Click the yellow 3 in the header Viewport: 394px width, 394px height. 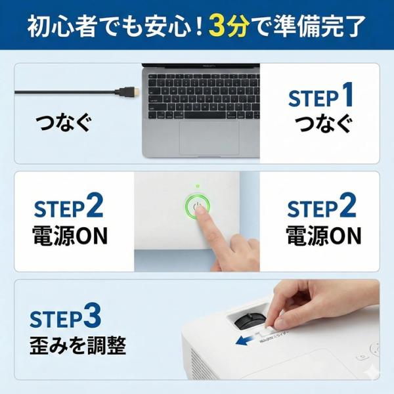(218, 28)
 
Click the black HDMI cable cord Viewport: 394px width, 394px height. (66, 92)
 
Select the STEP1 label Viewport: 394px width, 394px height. (321, 97)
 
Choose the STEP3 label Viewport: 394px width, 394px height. (66, 318)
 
